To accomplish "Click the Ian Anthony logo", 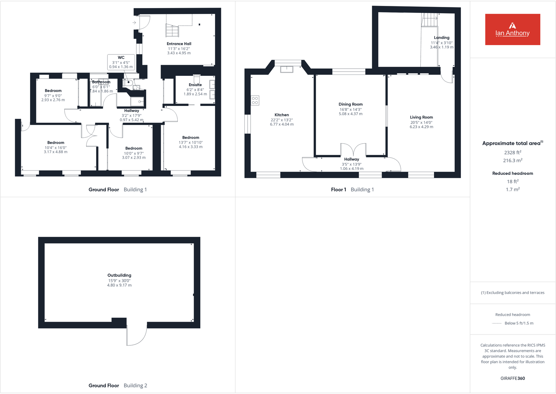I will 512,29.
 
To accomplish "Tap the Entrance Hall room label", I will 179,44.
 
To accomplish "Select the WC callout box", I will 121,62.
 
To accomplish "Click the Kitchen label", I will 281,115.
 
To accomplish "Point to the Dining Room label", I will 350,104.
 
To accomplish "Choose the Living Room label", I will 421,117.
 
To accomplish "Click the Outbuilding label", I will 119,275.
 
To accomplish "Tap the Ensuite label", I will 195,85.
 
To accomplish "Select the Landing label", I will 442,38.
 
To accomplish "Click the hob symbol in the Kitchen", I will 255,101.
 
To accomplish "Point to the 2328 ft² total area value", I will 513,152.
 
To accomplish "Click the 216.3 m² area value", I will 513,160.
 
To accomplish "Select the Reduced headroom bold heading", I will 513,173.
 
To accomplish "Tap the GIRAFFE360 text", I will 513,378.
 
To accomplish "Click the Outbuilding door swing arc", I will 137,336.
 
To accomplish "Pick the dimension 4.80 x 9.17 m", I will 119,285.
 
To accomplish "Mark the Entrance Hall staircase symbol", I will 172,30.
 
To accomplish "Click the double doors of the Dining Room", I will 353,150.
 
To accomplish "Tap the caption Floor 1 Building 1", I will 352,189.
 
